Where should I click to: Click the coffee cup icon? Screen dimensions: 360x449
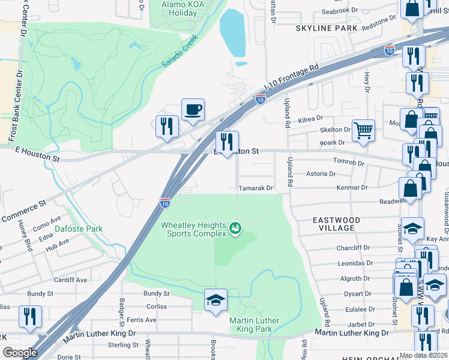tap(193, 110)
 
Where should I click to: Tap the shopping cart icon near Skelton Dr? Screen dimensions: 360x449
tap(363, 130)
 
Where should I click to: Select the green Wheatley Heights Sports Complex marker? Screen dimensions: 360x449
tap(235, 228)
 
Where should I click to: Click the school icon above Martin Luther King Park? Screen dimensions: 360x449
tap(215, 300)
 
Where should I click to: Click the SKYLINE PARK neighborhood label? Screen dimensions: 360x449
tap(327, 28)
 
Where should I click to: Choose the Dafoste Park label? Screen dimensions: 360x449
tap(79, 229)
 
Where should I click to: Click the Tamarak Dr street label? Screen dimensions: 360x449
tap(256, 188)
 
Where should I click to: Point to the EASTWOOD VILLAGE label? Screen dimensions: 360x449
tap(337, 224)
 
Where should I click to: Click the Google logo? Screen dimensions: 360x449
tap(20, 353)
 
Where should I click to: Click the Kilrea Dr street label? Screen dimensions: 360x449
tap(311, 119)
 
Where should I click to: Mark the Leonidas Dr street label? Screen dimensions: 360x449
tap(354, 263)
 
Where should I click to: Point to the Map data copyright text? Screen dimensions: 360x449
tap(423, 355)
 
